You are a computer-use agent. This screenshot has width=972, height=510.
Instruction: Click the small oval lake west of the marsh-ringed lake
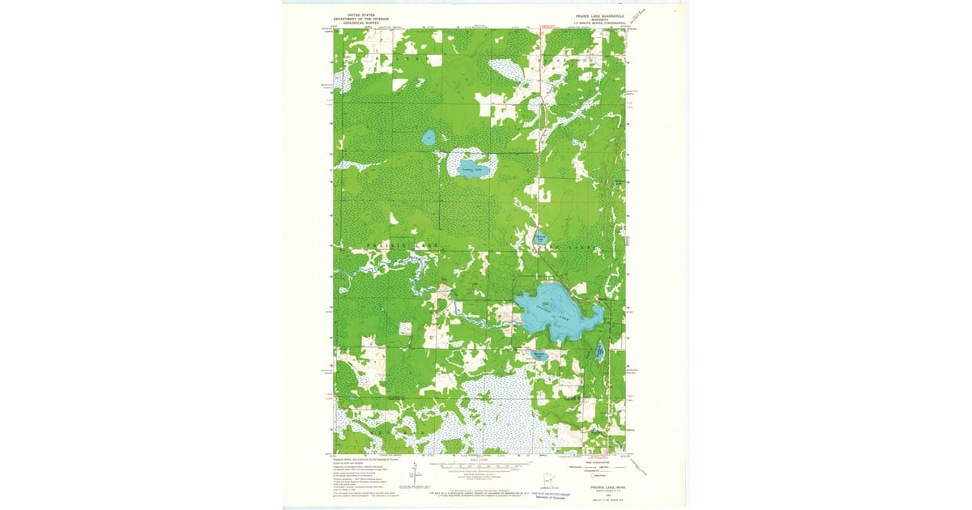point(428,138)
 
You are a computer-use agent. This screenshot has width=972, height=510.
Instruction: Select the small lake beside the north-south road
point(540,238)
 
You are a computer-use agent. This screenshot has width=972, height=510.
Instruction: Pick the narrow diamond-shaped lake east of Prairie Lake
point(599,351)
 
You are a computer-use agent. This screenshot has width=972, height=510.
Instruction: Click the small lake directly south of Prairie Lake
point(539,355)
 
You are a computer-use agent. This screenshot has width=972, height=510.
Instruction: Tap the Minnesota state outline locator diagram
point(549,482)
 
